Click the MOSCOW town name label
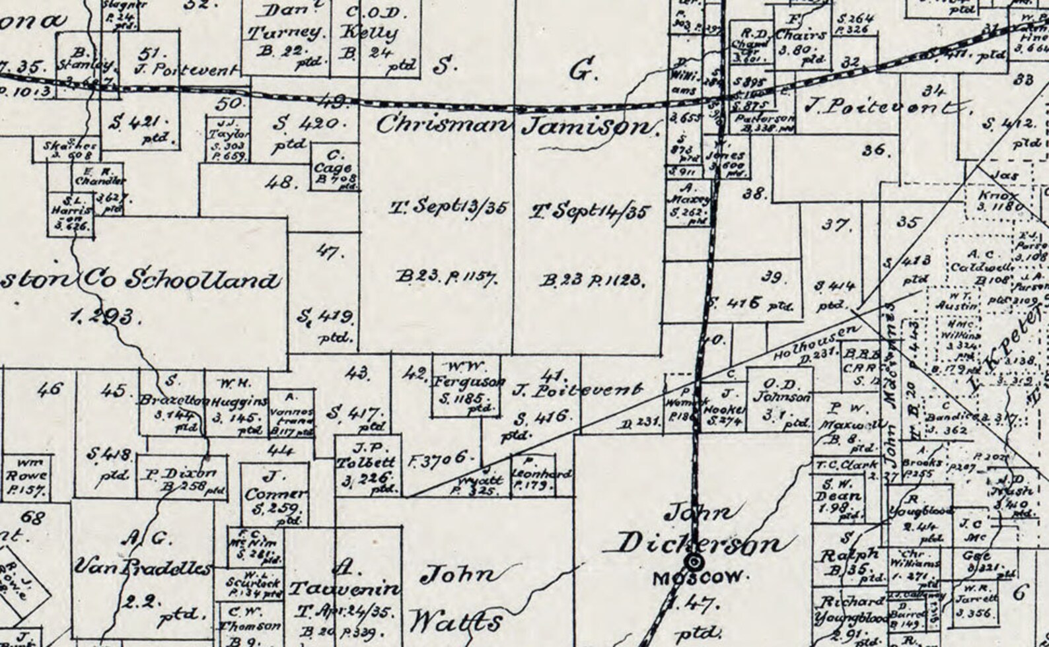pyautogui.click(x=700, y=579)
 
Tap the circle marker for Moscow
pyautogui.click(x=694, y=562)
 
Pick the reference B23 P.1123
pyautogui.click(x=592, y=281)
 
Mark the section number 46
pyautogui.click(x=50, y=389)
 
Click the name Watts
pyautogui.click(x=455, y=621)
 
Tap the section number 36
pyautogui.click(x=874, y=151)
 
